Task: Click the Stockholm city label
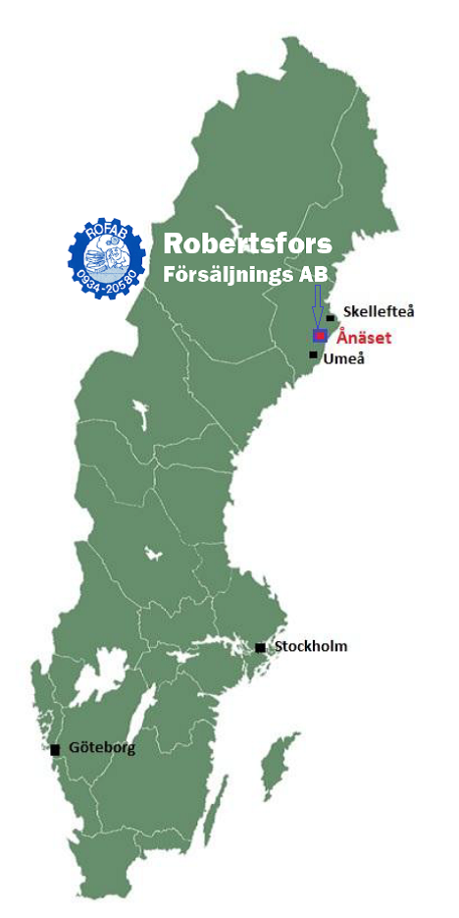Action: tap(311, 646)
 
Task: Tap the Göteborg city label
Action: tap(102, 747)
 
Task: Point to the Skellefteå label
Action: tap(379, 311)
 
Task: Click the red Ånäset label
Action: tap(364, 338)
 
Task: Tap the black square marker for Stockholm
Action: tap(260, 647)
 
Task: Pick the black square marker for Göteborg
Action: tap(55, 749)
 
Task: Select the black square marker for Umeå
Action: tap(313, 354)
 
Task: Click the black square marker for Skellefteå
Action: tap(331, 317)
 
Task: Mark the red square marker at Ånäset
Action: tap(320, 336)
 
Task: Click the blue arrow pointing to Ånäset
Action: tap(317, 306)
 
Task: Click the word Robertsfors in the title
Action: tap(247, 243)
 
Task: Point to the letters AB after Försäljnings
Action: tap(313, 273)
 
